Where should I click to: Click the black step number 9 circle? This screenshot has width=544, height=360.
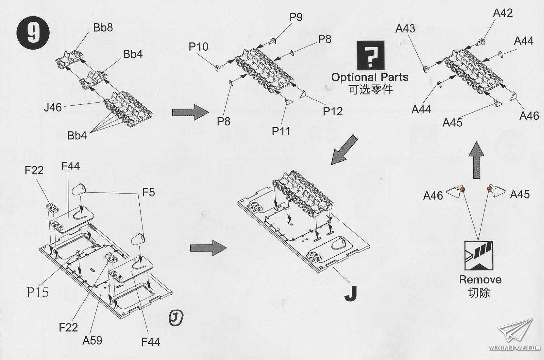tap(33, 33)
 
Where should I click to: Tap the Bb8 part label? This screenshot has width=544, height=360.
tap(103, 28)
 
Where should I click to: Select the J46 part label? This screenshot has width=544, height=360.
tap(53, 108)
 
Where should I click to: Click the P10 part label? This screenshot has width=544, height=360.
tap(199, 47)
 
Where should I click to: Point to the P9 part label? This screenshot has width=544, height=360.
tap(296, 17)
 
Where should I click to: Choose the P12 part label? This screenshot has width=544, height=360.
tap(333, 112)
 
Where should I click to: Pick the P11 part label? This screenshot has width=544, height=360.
tap(280, 131)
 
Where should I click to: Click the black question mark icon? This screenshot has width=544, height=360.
tap(370, 55)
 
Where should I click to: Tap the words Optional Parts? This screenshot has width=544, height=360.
tap(370, 77)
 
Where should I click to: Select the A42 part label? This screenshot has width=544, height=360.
tap(503, 13)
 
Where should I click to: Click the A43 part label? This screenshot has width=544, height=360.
tap(405, 29)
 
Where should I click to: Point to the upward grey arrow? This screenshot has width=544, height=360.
tap(476, 160)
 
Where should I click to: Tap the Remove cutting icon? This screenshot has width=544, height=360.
tap(479, 256)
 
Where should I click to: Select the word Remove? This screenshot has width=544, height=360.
tap(480, 280)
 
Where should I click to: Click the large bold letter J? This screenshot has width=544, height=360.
tap(351, 293)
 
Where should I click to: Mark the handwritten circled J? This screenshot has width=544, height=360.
tap(176, 318)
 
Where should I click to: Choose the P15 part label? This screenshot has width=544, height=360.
tap(37, 292)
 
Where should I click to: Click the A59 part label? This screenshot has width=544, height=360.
tap(92, 340)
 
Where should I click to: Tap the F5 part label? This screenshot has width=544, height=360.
tap(148, 193)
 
